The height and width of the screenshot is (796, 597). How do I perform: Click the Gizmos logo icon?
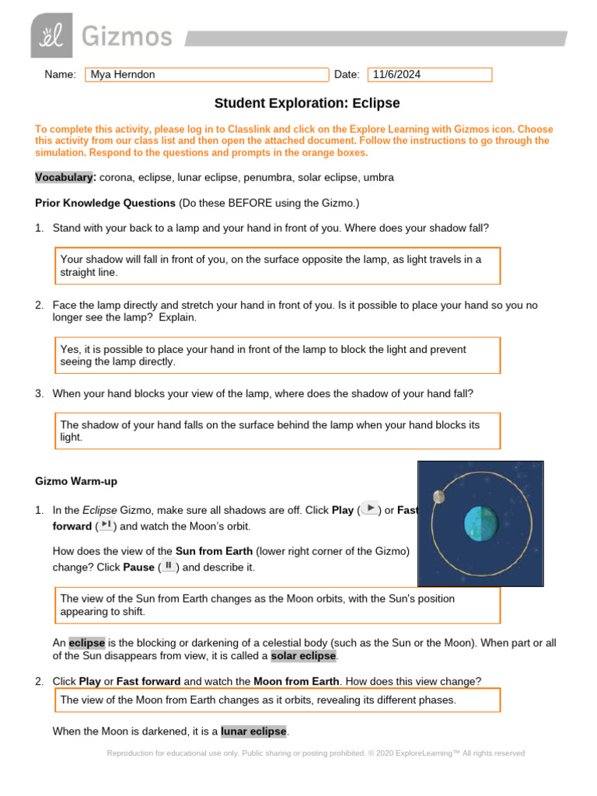click(x=51, y=35)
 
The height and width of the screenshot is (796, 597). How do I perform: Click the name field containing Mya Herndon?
click(x=207, y=75)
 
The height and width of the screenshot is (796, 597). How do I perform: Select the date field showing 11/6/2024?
click(x=429, y=75)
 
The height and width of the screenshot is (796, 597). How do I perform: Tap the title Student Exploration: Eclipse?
click(x=307, y=103)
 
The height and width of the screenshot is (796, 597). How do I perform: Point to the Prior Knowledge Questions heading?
click(x=106, y=203)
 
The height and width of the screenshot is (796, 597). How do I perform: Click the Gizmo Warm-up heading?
click(x=76, y=481)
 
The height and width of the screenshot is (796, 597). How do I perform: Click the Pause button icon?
click(x=167, y=566)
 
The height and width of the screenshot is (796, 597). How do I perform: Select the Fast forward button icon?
click(x=106, y=525)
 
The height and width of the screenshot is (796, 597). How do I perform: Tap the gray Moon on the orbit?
click(x=439, y=496)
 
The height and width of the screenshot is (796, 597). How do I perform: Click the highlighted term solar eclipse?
click(x=303, y=656)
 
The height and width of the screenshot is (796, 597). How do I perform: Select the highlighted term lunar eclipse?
click(x=253, y=731)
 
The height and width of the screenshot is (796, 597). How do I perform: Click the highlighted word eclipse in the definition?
click(x=86, y=643)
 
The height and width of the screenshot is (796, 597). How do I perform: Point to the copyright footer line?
click(x=315, y=753)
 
